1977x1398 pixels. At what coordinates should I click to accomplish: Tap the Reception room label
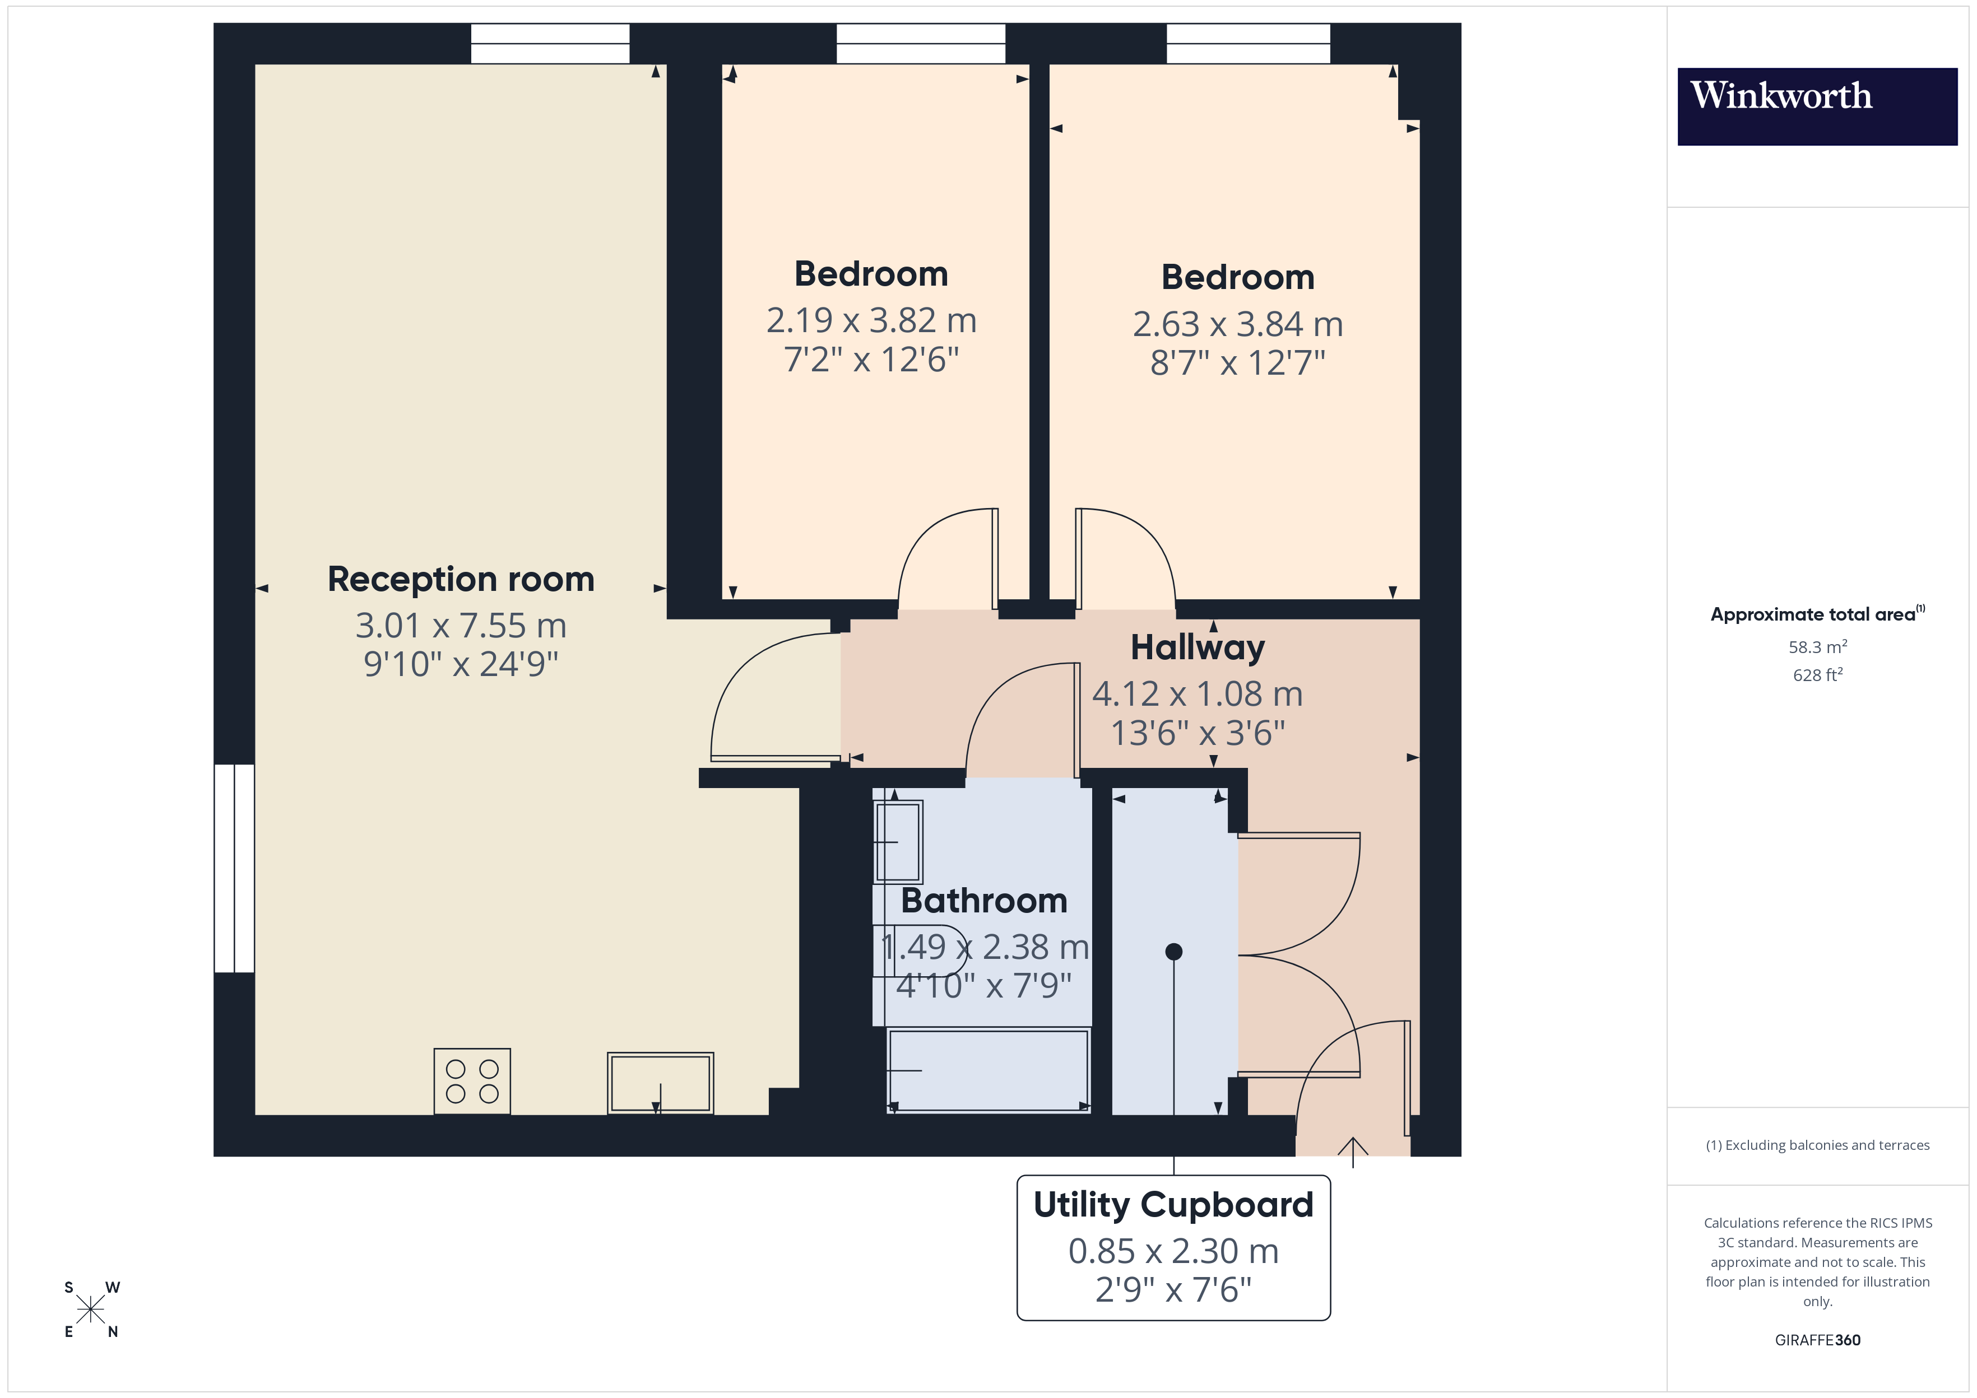coord(461,579)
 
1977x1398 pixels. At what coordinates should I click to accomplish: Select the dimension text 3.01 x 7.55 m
coord(461,626)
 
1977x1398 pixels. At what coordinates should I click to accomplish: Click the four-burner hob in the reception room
coord(472,1081)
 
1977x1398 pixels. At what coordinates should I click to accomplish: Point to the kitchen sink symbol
coord(661,1083)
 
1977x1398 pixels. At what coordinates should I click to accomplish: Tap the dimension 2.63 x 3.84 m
coord(1237,324)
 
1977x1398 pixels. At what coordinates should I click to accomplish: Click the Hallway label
coord(1197,647)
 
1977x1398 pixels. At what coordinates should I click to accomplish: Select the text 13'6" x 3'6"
coord(1197,733)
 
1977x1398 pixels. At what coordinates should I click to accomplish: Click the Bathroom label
coord(983,901)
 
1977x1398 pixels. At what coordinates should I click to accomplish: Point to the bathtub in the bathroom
coord(989,1070)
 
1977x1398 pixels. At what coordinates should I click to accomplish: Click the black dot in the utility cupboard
coord(1173,951)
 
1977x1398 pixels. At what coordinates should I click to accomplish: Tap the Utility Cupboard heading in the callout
coord(1173,1204)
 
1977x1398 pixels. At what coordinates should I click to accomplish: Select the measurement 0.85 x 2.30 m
coord(1173,1251)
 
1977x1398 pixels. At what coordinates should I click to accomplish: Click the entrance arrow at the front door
coord(1353,1152)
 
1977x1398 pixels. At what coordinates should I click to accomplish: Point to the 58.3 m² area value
coord(1817,646)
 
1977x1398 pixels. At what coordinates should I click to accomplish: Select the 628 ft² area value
coord(1817,675)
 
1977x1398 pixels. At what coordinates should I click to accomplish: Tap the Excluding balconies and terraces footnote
coord(1817,1145)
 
